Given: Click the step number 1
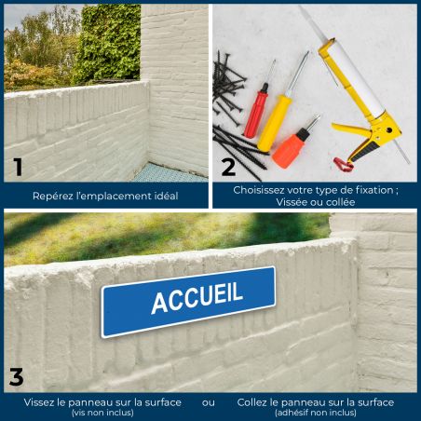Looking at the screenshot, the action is point(19,167).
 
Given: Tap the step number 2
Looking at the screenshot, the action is point(228,167).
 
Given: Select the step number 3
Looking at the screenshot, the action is point(17,377).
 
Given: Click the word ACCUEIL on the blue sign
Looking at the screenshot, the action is point(197,297).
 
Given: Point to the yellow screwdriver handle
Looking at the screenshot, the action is point(274,123).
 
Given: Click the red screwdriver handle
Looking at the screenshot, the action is point(256,114).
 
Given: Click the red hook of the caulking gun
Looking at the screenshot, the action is point(343,164).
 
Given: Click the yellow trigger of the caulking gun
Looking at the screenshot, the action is point(351,129).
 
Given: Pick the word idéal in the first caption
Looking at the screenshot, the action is point(166,196).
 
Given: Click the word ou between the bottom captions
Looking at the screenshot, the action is point(208,402).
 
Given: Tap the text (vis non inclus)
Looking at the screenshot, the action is point(102,413).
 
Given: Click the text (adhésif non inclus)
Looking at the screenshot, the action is point(316,413).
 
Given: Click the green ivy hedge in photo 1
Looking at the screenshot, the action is point(109,44).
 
